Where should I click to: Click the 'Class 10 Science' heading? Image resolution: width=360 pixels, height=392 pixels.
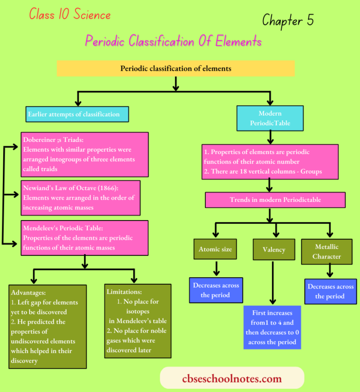click(x=70, y=15)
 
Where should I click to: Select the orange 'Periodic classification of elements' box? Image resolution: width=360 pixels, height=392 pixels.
click(x=176, y=68)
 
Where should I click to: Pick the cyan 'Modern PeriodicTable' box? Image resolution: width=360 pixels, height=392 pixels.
click(x=270, y=118)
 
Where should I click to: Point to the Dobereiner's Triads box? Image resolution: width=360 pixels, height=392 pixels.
click(x=85, y=154)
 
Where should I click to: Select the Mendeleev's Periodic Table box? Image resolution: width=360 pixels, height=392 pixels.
click(x=85, y=238)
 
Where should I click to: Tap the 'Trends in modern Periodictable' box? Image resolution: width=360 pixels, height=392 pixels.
click(x=275, y=200)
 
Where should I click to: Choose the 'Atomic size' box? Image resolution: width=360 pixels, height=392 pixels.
click(x=215, y=249)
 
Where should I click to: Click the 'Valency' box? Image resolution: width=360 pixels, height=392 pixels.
click(x=274, y=249)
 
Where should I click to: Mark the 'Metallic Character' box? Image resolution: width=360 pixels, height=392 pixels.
click(x=327, y=251)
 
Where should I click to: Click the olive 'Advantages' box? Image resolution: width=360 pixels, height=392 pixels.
click(x=48, y=326)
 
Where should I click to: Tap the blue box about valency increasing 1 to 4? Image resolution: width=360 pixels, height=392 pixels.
click(x=272, y=327)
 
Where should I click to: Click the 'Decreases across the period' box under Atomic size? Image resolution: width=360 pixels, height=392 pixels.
click(x=216, y=290)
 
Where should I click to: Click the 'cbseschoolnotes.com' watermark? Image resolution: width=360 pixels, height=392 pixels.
click(x=232, y=379)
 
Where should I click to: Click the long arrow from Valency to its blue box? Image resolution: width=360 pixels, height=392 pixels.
click(x=272, y=281)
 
